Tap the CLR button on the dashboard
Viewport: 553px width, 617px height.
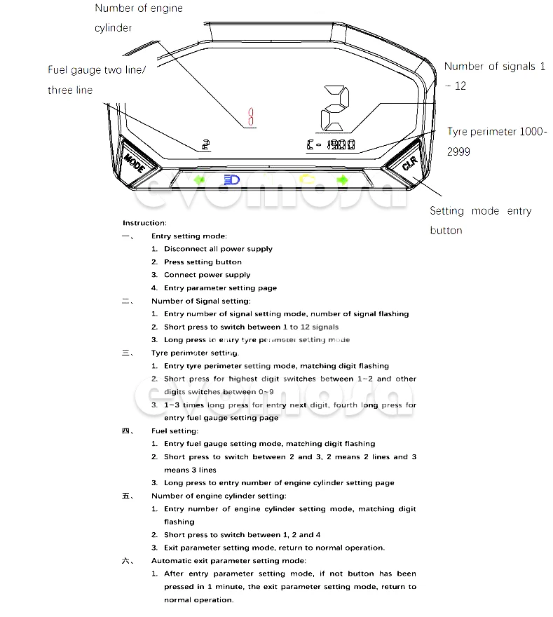pos(409,165)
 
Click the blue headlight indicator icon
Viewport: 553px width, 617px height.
pos(231,180)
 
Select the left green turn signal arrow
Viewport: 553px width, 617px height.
pos(200,180)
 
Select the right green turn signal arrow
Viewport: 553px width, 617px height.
pos(342,180)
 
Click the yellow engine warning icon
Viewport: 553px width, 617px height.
pos(306,179)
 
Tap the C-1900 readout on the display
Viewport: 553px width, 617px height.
pos(331,145)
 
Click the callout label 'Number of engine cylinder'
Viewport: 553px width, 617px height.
pos(138,18)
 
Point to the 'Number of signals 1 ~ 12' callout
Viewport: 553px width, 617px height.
pos(494,76)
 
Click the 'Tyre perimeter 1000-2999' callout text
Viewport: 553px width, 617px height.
pos(497,141)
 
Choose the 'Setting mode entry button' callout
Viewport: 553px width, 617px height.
pos(480,220)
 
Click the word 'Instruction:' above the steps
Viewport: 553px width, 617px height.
pos(145,223)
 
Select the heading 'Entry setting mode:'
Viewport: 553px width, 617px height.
pos(189,236)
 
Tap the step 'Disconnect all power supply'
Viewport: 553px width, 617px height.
pos(218,249)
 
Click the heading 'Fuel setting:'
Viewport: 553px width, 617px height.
pos(175,430)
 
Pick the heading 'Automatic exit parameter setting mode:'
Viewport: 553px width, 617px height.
pos(228,560)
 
